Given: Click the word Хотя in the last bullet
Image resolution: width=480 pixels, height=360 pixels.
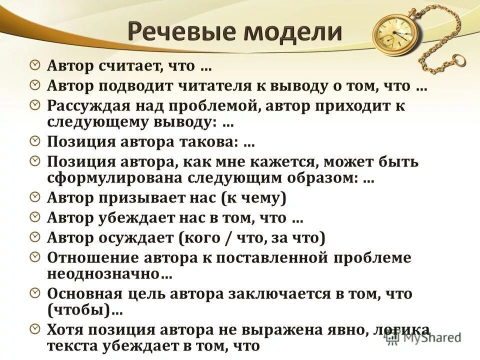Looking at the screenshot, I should pos(65,329).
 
